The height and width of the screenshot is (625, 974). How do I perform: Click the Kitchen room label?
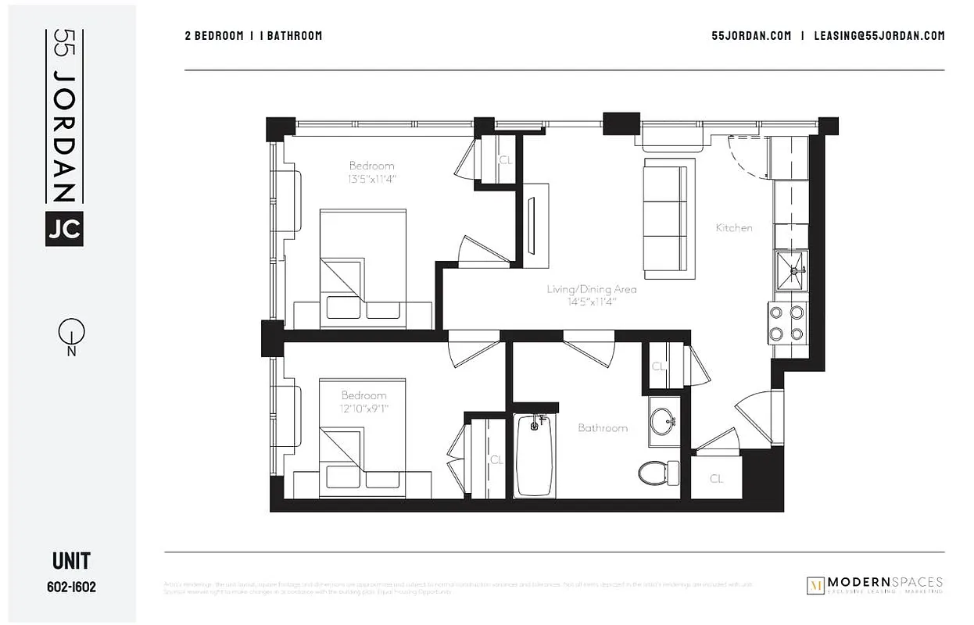coord(734,228)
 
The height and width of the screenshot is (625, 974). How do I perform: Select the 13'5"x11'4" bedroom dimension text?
coord(372,178)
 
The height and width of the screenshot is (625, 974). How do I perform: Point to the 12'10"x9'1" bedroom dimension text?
coord(363,408)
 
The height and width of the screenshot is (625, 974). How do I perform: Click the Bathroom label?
coord(603,428)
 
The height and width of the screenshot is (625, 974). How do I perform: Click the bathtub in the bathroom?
coord(535,457)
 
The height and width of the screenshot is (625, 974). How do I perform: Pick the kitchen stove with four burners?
coord(786,323)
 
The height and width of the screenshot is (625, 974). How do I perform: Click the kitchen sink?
coord(791,271)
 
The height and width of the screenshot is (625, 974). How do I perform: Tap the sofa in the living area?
coord(668,219)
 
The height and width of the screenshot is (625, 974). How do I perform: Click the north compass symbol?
coord(71,334)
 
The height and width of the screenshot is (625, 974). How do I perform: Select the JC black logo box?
coord(64,228)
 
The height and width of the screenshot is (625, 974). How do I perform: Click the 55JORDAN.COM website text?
coord(751,36)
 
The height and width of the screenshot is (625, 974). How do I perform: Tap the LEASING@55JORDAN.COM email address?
coord(879,36)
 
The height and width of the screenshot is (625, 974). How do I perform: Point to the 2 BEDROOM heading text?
coord(213,36)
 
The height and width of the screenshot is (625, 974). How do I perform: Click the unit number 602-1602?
coord(70,587)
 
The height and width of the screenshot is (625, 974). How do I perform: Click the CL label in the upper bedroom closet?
coord(505,160)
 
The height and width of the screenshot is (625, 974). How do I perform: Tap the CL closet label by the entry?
coord(716,479)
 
